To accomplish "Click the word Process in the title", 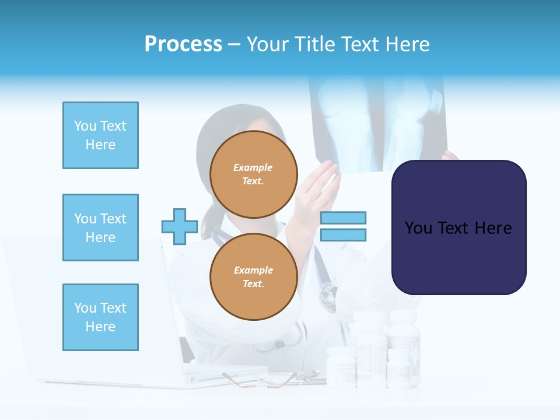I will coord(183,44).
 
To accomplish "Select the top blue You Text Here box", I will coord(100,135).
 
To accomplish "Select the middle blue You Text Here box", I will coord(100,228).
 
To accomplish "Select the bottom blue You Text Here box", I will coord(100,317).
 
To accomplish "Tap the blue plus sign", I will coord(180,226).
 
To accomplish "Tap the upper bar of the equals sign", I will coord(343,218).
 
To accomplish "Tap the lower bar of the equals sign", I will coord(343,235).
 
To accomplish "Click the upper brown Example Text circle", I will coord(253,174).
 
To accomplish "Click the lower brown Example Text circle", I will coord(253,277).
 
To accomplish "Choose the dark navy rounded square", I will coord(459,228).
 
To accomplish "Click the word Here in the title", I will coord(408,44).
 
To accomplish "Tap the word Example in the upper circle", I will coord(253,167).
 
